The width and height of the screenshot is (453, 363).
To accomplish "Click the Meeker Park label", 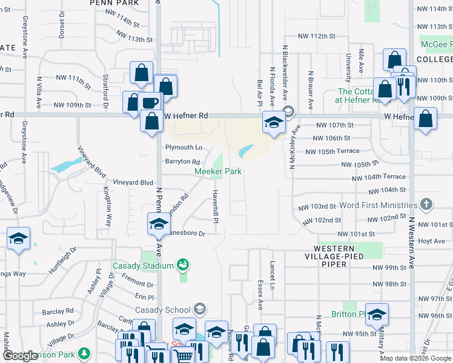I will (218, 171).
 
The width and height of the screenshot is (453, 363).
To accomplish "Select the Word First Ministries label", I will (378, 206).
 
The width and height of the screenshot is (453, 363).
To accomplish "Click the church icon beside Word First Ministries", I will (427, 204).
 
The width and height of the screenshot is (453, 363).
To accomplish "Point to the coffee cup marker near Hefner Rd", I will (150, 102).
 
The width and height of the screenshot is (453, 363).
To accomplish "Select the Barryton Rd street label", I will (183, 162).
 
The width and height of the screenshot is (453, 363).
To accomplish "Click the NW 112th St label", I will (319, 36).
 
